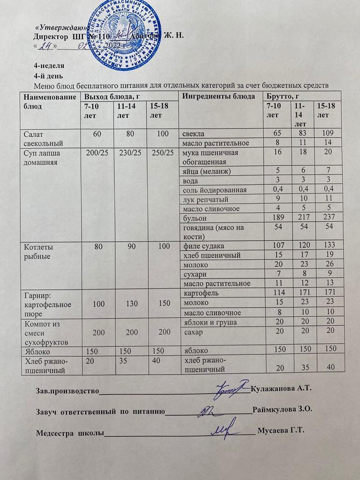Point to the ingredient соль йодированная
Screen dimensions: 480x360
(x=212, y=189)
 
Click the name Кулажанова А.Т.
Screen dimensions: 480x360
(x=281, y=389)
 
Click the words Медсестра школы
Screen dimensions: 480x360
(x=70, y=432)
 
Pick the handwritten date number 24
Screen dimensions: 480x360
(x=46, y=46)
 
